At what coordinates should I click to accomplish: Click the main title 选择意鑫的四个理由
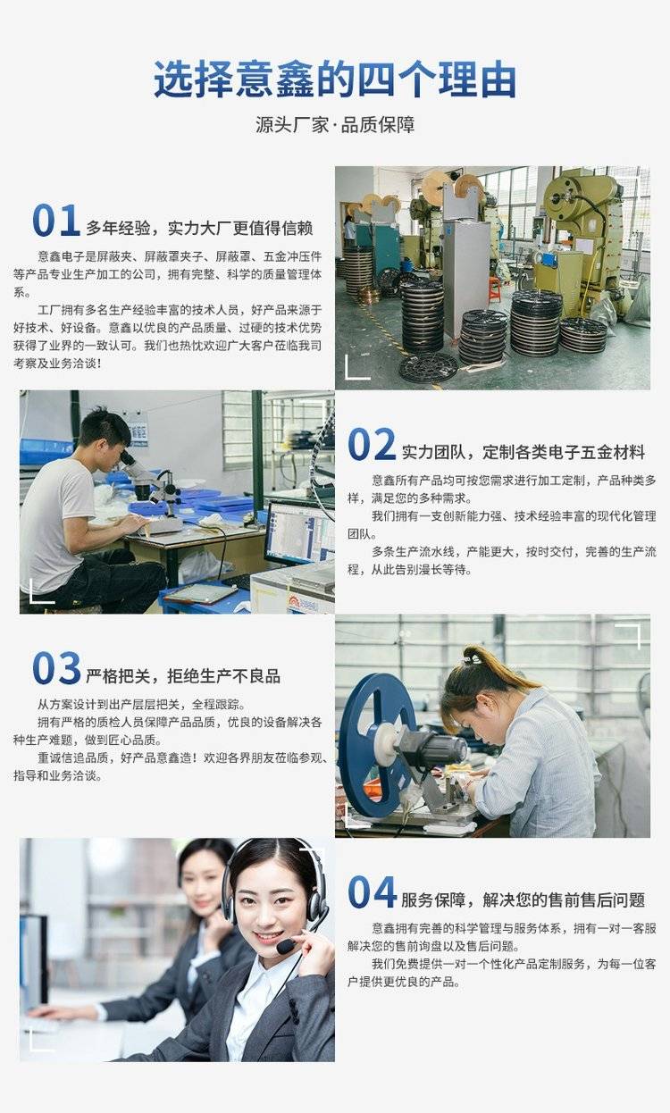(x=335, y=80)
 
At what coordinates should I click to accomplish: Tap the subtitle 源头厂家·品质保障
(x=335, y=125)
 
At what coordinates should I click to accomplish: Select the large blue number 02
(x=372, y=444)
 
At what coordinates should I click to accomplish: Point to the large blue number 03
(x=56, y=668)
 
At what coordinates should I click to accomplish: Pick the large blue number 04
(x=372, y=891)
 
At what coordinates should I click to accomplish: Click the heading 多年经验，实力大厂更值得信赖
(x=199, y=228)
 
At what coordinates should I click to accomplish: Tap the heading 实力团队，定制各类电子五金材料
(x=523, y=452)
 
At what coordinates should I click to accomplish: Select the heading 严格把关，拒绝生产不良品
(x=183, y=676)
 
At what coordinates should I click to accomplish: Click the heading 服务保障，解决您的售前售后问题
(x=523, y=900)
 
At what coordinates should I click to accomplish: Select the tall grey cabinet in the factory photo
(x=466, y=279)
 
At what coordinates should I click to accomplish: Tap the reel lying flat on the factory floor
(x=428, y=367)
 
